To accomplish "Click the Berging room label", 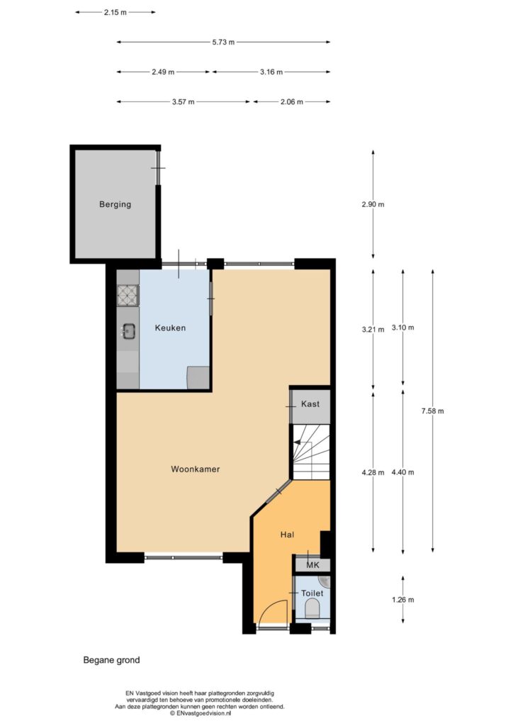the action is pyautogui.click(x=115, y=204).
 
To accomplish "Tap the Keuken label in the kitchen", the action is pyautogui.click(x=170, y=328).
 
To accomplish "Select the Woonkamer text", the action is pyautogui.click(x=195, y=469).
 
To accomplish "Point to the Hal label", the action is pyautogui.click(x=287, y=535).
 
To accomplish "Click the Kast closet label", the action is pyautogui.click(x=310, y=403).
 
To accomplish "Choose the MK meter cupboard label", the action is pyautogui.click(x=313, y=565).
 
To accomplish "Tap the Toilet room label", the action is pyautogui.click(x=312, y=593).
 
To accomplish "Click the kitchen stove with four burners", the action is pyautogui.click(x=128, y=296).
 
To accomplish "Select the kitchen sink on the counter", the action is pyautogui.click(x=128, y=330).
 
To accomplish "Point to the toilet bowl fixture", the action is pyautogui.click(x=312, y=608).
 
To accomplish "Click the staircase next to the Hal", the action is pyautogui.click(x=311, y=452).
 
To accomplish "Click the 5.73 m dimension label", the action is pyautogui.click(x=223, y=42).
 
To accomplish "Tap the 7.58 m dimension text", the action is pyautogui.click(x=432, y=411).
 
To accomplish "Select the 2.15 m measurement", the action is pyautogui.click(x=115, y=13).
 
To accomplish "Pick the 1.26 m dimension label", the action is pyautogui.click(x=403, y=600).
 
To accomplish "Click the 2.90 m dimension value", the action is pyautogui.click(x=373, y=204).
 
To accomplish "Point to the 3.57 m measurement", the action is pyautogui.click(x=184, y=102).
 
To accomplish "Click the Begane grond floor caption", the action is pyautogui.click(x=111, y=660).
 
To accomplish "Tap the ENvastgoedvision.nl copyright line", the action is pyautogui.click(x=201, y=713).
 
